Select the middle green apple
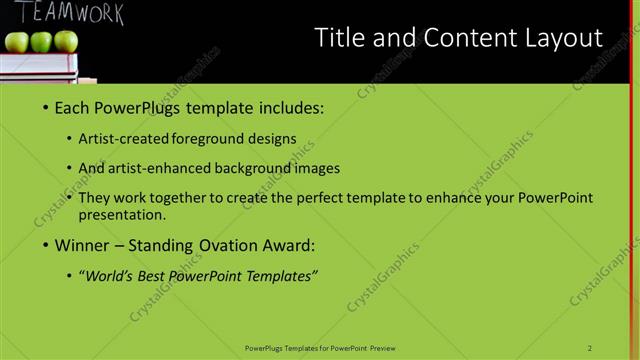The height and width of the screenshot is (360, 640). (41, 41)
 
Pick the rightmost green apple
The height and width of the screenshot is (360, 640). (65, 41)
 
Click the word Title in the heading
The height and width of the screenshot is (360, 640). (337, 38)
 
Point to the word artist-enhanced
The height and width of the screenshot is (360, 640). (171, 168)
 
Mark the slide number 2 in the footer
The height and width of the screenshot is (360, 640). (590, 348)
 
